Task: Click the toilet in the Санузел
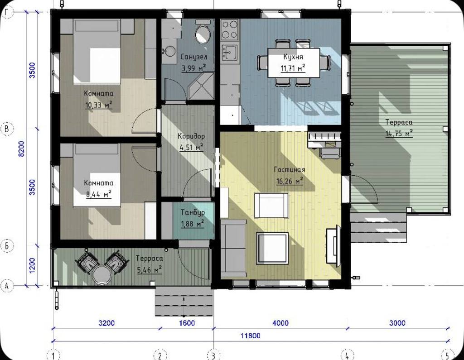(203, 32)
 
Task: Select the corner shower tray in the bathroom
(201, 86)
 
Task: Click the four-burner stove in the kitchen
(230, 29)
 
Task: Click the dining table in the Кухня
(294, 62)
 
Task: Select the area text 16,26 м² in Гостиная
(290, 181)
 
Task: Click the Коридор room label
(191, 136)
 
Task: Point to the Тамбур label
(193, 212)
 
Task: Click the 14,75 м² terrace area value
(399, 134)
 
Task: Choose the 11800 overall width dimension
(250, 336)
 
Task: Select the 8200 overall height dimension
(22, 149)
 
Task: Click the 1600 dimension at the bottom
(187, 323)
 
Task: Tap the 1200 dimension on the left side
(32, 265)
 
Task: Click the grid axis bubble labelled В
(7, 129)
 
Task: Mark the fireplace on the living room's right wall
(333, 244)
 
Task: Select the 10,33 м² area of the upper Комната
(98, 105)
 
